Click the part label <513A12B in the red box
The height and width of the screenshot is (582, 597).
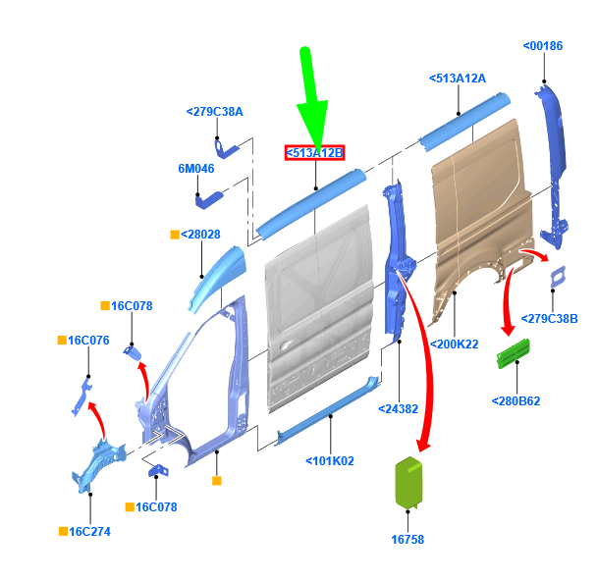(314, 153)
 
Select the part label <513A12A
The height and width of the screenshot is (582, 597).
(458, 79)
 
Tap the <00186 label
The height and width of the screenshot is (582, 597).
(543, 46)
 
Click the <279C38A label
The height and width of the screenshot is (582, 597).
(214, 112)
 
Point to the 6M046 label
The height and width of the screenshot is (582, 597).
(196, 168)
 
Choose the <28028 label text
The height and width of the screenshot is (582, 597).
(200, 235)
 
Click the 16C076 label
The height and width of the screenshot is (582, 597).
(88, 341)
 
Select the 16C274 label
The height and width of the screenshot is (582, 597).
(90, 532)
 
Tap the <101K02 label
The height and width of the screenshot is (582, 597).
(330, 461)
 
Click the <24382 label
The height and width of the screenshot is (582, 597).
(399, 409)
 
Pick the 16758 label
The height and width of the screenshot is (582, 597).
(407, 540)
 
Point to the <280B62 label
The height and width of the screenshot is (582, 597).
(516, 401)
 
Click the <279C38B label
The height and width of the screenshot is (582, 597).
(549, 319)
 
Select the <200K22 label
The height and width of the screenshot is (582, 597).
(455, 344)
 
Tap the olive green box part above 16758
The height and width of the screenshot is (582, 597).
(408, 482)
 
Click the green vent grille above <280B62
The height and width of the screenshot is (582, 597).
(514, 353)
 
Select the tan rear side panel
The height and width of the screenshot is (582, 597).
(483, 213)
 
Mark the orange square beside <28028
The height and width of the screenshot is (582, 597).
(175, 235)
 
